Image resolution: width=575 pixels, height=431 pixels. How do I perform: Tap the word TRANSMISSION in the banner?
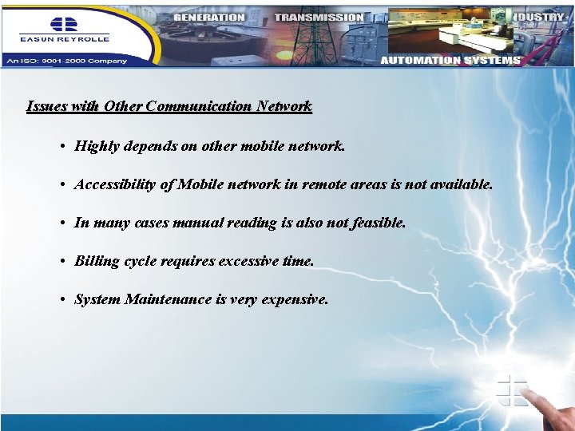pos(319,17)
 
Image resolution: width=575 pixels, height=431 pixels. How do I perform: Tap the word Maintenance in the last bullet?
pos(169,299)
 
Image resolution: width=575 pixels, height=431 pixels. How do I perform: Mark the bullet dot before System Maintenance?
pos(61,299)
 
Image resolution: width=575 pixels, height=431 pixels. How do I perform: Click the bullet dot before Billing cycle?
pos(61,261)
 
